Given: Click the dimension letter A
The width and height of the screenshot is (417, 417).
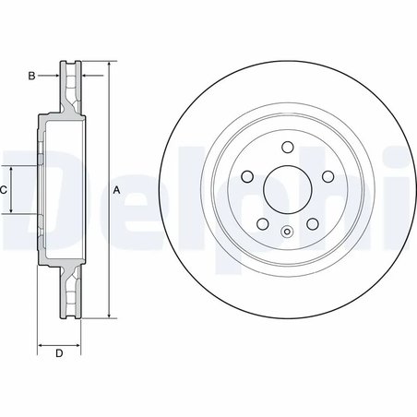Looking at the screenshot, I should (117, 190).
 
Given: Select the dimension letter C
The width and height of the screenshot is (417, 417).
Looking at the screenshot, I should (5, 189).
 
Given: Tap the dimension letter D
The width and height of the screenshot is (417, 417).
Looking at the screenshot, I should (58, 354).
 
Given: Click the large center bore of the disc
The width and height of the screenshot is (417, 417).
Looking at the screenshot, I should (286, 189).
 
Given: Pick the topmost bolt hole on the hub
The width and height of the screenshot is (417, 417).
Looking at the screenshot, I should (286, 147).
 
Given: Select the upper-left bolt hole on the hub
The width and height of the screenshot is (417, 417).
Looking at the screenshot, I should (246, 176).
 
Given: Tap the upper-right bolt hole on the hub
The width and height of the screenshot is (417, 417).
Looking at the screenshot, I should (327, 176).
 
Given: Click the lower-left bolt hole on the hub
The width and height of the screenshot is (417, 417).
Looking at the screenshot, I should (262, 223).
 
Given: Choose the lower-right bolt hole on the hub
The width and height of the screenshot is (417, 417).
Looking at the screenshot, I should (311, 223).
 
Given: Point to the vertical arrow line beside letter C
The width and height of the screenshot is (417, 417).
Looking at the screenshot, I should (12, 189).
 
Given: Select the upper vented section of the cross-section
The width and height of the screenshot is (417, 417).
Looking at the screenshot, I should (69, 88).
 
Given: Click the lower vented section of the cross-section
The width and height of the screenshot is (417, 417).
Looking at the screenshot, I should (69, 292).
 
